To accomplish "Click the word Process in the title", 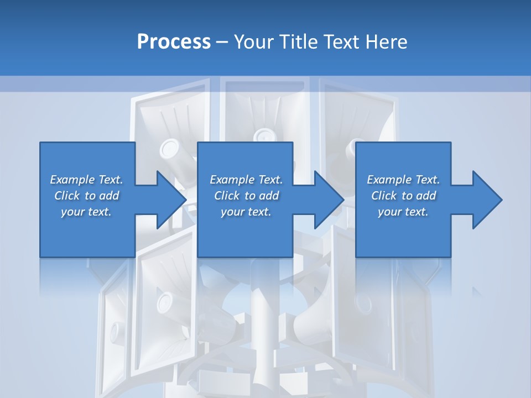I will pos(174,42).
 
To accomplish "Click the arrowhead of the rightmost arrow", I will pos(490,200).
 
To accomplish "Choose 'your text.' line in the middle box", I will pos(246,212).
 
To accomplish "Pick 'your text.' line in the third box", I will pos(403,212).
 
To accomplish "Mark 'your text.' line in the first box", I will pos(86,212).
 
